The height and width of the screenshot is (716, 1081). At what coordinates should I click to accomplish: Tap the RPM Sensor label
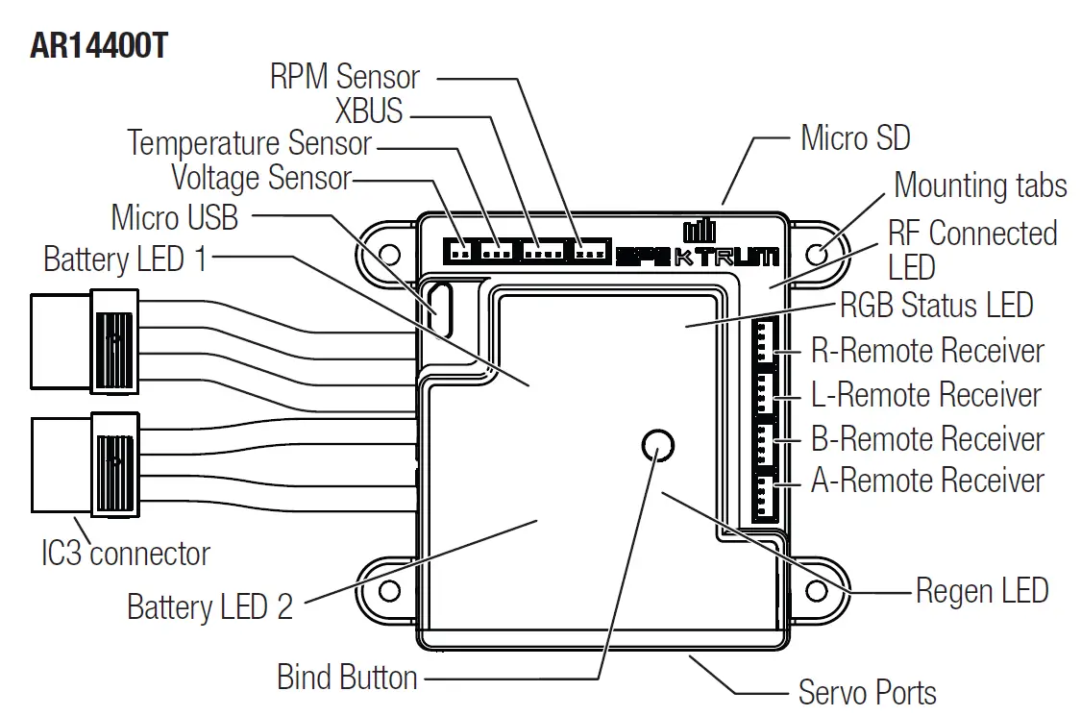coord(345,77)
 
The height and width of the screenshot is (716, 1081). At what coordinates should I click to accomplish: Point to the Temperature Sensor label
coord(250,143)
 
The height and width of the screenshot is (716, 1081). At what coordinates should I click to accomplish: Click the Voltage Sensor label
coord(261,178)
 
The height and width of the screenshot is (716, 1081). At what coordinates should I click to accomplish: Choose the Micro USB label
coord(174,217)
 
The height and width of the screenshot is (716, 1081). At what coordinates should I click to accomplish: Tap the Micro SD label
coord(855,138)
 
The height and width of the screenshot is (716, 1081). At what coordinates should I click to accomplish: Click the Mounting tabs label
coord(980,185)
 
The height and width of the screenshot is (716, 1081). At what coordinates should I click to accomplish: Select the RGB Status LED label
coord(936,306)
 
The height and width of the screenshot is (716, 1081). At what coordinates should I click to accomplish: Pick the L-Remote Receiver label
coord(926,395)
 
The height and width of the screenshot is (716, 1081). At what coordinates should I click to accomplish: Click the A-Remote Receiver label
coord(927,480)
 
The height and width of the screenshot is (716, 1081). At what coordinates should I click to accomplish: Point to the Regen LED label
coord(981,590)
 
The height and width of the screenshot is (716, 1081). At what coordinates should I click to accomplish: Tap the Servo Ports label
coord(867,692)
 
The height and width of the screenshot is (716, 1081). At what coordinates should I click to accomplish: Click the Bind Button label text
coord(347,677)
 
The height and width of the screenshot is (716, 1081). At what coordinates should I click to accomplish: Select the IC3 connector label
coord(125,554)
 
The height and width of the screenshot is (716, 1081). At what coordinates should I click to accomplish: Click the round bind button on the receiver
coord(656,445)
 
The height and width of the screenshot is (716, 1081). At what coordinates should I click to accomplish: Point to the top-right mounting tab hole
coord(819,254)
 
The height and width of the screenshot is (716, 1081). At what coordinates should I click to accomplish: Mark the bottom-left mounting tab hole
coord(390,588)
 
